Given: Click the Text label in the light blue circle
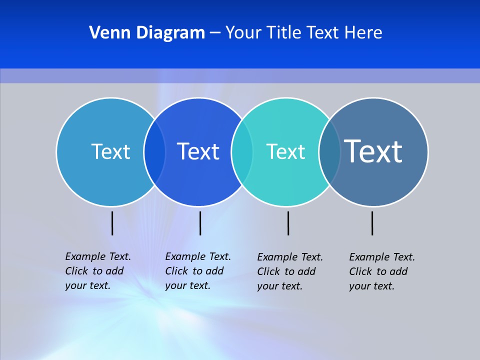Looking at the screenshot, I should click(x=110, y=151).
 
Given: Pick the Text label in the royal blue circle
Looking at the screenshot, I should click(x=198, y=151).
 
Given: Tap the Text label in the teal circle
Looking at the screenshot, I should click(x=285, y=151).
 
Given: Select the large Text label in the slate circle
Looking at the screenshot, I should click(x=373, y=151).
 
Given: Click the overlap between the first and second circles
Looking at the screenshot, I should click(x=154, y=152).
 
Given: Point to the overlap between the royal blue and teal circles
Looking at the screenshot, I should click(x=242, y=152).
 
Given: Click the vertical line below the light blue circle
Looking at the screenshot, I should click(x=112, y=223).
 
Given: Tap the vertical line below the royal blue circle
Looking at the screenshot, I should click(x=200, y=223).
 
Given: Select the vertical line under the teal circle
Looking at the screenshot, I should click(x=288, y=223).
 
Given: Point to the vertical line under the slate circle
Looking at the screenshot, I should click(x=372, y=223).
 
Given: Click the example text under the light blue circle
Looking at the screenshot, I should click(x=97, y=271).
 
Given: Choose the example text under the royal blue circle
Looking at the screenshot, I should click(x=197, y=271).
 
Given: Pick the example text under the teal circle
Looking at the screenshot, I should click(x=289, y=271).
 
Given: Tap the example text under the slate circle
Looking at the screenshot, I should click(x=381, y=271).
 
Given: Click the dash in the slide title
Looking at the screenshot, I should click(x=215, y=33).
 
